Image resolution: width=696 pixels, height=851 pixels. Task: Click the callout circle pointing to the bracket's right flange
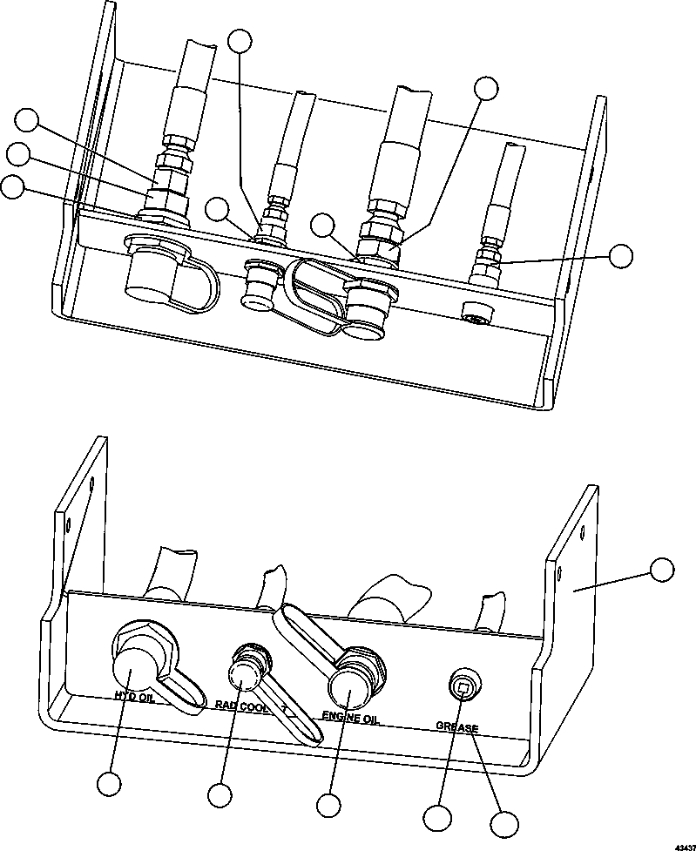(662, 570)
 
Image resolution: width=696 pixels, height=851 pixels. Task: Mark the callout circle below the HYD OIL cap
(109, 784)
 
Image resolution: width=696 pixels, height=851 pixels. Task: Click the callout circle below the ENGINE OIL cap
(328, 804)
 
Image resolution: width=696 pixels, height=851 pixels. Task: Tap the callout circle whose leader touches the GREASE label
(503, 824)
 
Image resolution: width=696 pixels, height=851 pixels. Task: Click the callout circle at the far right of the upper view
(621, 255)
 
